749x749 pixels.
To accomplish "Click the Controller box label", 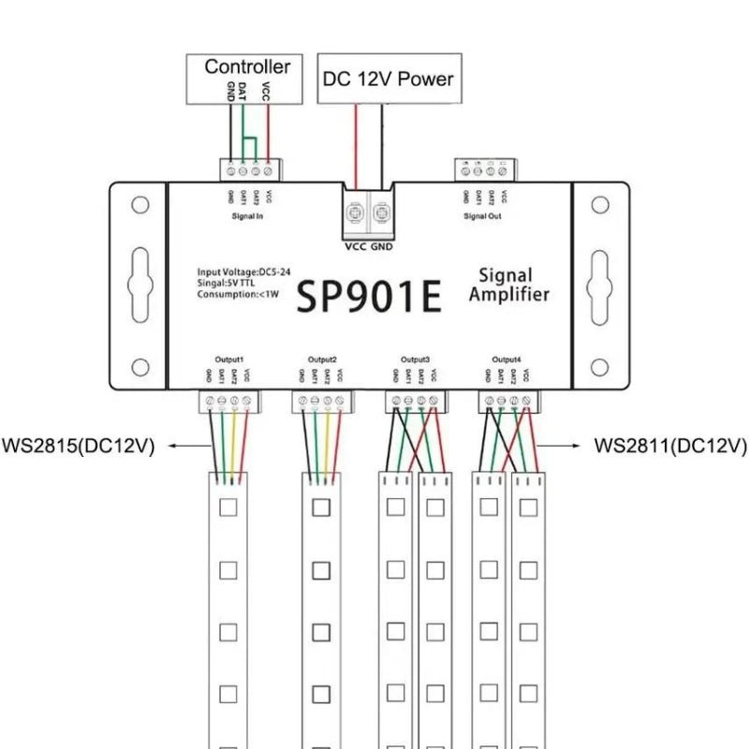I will click(247, 66).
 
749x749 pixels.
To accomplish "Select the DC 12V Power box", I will click(388, 79).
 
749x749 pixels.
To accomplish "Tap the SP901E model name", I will click(368, 298).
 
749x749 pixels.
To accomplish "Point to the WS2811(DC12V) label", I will click(670, 446).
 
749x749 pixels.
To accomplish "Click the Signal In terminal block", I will click(250, 170).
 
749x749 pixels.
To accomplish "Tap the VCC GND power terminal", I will click(368, 213).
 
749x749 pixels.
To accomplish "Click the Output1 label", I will click(229, 360).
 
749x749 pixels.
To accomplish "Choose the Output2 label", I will click(321, 360).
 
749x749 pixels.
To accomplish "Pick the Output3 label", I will click(415, 360).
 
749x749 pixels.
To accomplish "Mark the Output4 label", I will click(507, 360).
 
